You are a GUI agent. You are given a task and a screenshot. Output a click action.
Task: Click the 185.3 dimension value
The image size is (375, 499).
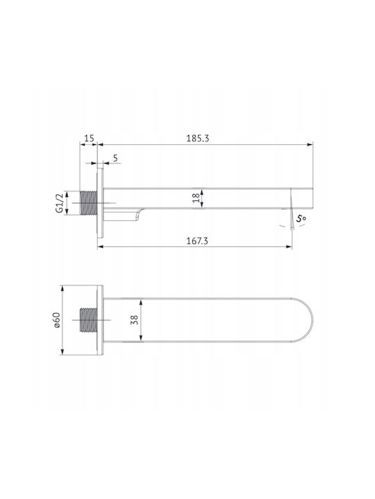197,139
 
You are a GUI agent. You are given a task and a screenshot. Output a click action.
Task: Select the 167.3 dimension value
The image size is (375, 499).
197,241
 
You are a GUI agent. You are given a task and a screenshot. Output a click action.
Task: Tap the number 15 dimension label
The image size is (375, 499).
90,138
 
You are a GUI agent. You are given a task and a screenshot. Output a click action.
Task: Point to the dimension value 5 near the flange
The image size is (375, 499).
115,158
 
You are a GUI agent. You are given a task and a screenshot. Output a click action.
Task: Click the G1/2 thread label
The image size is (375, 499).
59,203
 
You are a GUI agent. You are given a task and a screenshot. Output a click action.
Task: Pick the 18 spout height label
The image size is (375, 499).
197,198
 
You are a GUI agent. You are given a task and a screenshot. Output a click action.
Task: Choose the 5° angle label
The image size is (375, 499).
301,218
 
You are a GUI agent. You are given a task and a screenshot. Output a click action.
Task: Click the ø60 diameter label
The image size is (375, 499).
56,319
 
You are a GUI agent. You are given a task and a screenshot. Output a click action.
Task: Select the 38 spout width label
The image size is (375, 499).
134,319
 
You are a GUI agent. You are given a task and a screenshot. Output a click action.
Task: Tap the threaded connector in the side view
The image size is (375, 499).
88,203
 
